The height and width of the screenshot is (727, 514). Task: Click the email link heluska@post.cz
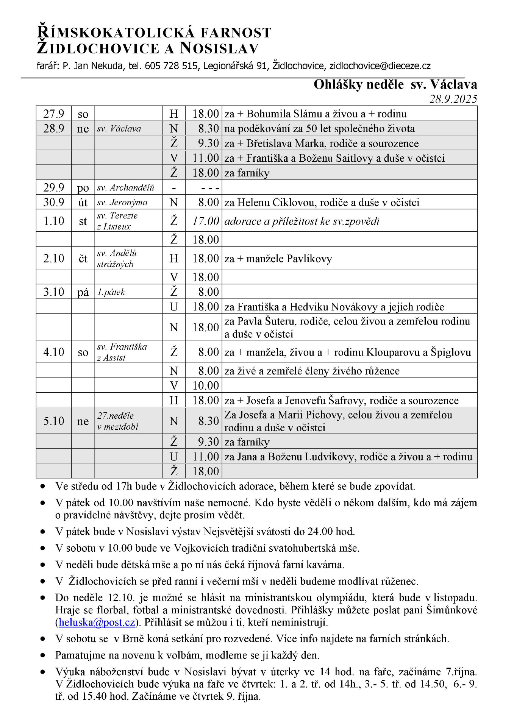tap(97, 622)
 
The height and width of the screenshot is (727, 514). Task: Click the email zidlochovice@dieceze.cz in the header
tap(380, 66)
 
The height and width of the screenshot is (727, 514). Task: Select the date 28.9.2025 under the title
tap(453, 99)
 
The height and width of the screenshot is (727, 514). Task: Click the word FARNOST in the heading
tap(236, 33)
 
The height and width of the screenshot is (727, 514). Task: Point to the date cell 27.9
tap(54, 114)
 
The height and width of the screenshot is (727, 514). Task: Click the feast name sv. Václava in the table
tap(119, 129)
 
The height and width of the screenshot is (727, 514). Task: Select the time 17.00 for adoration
tap(206, 221)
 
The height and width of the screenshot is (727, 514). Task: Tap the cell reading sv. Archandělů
tap(125, 188)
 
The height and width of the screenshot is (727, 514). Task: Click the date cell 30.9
tap(54, 202)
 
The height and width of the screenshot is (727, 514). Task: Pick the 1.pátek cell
tap(111, 292)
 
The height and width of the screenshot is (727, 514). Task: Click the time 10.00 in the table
tap(206, 385)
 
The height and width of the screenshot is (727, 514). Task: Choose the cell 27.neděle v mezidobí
tap(117, 421)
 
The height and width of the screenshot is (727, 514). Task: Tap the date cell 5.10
tap(54, 421)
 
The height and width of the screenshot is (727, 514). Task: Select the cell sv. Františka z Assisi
tap(122, 352)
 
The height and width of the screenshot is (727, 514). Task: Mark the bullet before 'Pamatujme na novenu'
tap(43, 655)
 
